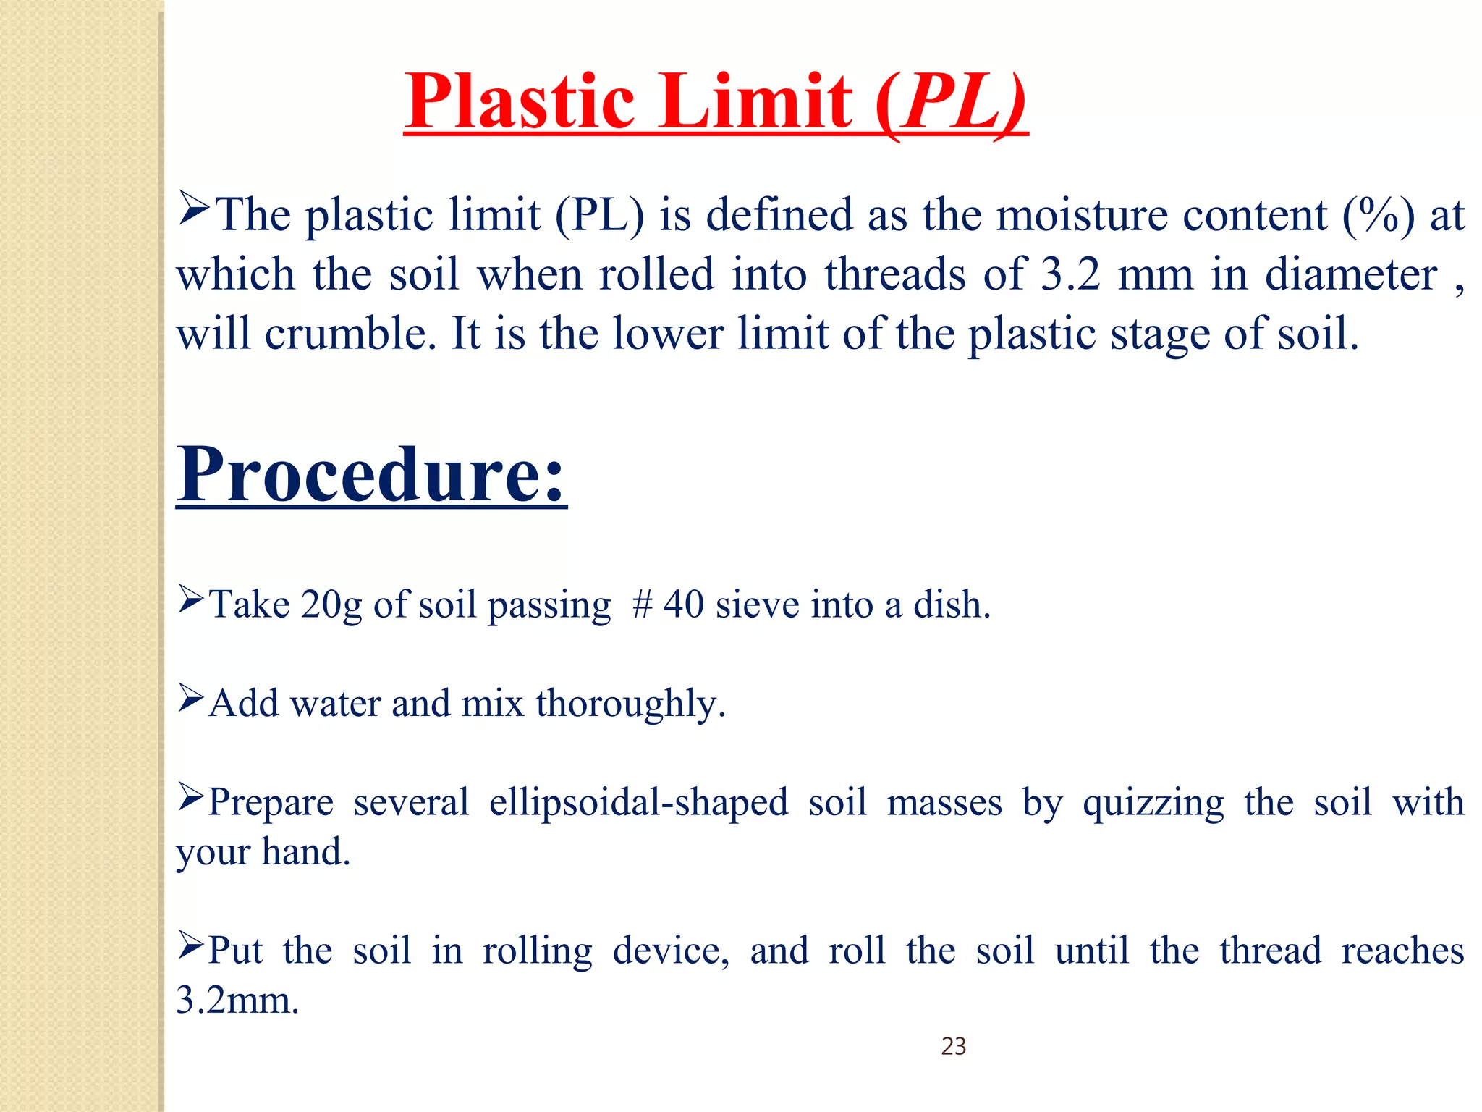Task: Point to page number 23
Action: tap(953, 1046)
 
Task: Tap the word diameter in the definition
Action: tap(1350, 274)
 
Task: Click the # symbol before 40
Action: tap(642, 605)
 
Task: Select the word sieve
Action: tap(756, 605)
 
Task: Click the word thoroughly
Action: tap(630, 704)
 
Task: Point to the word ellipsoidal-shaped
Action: tap(638, 802)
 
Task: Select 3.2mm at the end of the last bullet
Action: tap(237, 1001)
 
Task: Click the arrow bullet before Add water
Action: tap(191, 699)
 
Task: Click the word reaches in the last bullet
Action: tap(1402, 951)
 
